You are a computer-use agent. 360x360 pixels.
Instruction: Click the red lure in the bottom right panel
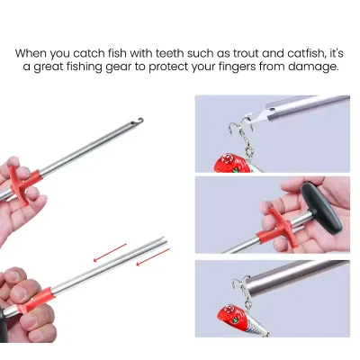coord(236,317)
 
